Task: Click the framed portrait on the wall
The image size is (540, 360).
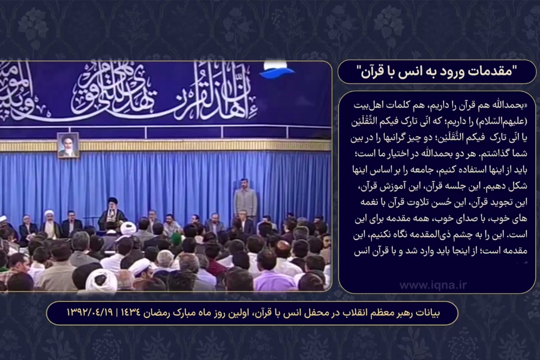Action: coord(68,145)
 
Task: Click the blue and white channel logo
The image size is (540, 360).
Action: coord(277,71)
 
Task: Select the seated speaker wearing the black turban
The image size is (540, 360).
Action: coord(112,212)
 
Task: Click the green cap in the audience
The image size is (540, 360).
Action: coord(175,238)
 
